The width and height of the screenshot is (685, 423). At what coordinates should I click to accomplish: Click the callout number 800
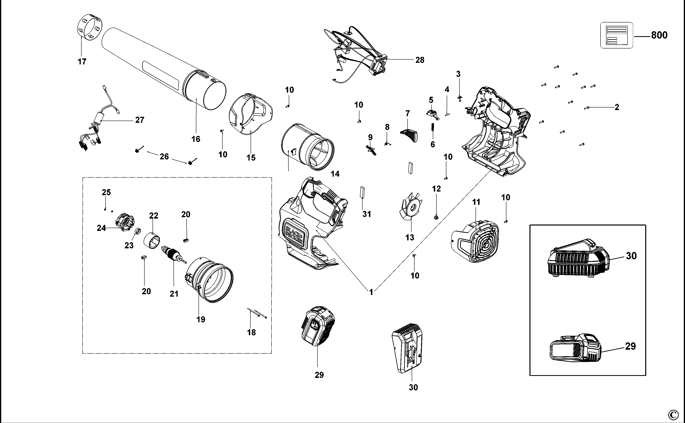point(659,35)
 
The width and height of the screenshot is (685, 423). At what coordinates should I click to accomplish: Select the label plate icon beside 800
point(616,35)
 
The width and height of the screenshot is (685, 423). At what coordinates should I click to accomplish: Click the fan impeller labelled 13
point(411,207)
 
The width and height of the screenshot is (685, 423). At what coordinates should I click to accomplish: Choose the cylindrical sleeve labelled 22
point(152,240)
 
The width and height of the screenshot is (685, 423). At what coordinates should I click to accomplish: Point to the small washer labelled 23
point(137,232)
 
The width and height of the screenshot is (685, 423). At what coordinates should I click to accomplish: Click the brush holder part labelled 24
point(125,222)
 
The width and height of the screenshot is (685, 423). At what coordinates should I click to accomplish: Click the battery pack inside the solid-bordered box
point(575,348)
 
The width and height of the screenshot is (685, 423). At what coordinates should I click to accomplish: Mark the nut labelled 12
point(436,217)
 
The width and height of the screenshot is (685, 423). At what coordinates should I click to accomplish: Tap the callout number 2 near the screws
point(617,107)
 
